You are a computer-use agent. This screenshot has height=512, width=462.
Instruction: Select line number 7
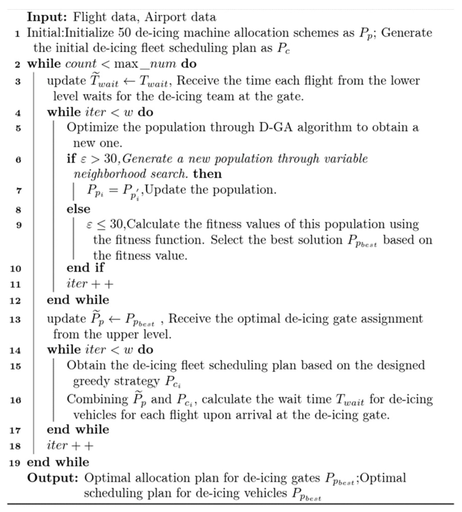(18, 191)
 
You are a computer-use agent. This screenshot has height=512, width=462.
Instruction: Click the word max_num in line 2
(145, 64)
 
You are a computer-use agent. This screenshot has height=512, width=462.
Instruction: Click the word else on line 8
(78, 209)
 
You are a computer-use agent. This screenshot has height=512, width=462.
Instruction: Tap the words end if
(85, 268)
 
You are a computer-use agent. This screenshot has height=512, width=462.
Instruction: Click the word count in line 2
(81, 64)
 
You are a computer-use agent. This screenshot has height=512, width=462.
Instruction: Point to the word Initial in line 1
(45, 33)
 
